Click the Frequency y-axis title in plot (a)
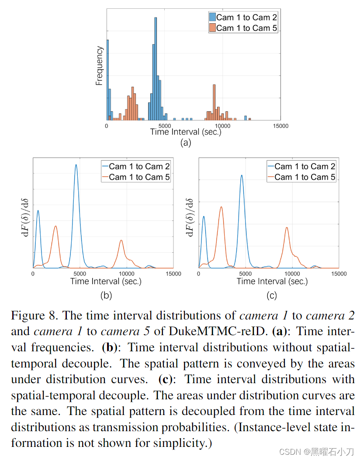click(x=99, y=65)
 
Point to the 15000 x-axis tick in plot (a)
click(x=280, y=126)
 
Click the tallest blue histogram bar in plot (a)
click(x=156, y=65)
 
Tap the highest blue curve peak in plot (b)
click(x=76, y=165)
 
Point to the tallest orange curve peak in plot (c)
click(x=221, y=207)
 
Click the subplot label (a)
click(x=186, y=142)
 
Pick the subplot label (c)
click(x=271, y=295)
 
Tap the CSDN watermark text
click(x=288, y=451)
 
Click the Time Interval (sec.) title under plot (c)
click(x=272, y=281)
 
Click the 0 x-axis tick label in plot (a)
click(x=107, y=126)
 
